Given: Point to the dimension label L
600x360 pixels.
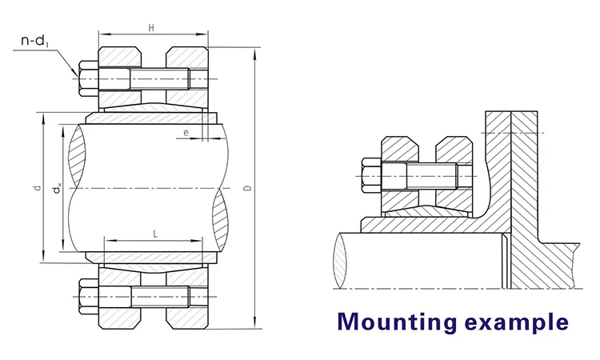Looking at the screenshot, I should [154, 232].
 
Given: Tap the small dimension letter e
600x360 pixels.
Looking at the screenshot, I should [186, 133].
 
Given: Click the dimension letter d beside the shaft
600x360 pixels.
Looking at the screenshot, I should [37, 189].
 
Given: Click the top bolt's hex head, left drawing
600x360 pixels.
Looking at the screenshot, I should [86, 80].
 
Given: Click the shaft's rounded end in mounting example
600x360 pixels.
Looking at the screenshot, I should [342, 258].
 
